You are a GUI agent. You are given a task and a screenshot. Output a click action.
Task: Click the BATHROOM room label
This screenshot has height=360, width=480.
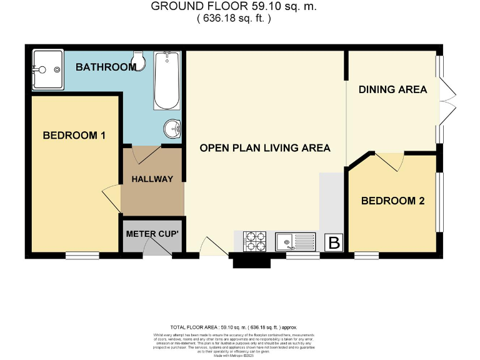(x=106, y=67)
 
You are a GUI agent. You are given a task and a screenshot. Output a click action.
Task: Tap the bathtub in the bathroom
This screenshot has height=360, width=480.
(x=167, y=81)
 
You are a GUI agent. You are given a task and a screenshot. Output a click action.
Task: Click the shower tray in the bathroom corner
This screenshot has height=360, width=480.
(x=47, y=69)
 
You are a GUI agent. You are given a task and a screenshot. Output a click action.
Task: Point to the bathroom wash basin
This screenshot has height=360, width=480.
(x=173, y=129)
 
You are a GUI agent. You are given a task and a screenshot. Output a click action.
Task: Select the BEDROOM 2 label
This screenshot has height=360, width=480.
(x=392, y=201)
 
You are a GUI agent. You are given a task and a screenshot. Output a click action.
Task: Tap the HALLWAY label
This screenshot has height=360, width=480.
(x=152, y=179)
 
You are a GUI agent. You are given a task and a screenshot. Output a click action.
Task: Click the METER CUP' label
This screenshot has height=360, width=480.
(x=152, y=234)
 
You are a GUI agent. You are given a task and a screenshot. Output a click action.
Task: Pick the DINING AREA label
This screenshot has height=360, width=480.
(x=392, y=89)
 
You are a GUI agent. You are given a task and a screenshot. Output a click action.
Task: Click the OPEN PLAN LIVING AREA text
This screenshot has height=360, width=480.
(x=264, y=148)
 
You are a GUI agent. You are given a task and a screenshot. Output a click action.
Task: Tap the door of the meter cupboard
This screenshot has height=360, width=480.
(x=157, y=249)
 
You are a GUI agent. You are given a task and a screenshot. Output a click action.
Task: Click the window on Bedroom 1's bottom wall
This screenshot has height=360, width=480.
(x=82, y=255)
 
